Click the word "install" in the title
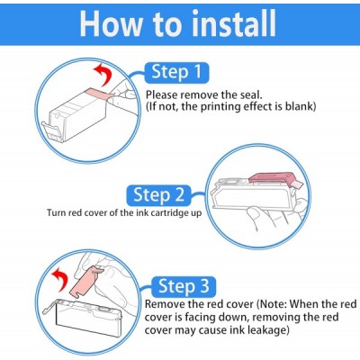pyautogui.click(x=234, y=23)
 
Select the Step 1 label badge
pyautogui.click(x=176, y=72)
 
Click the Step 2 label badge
pyautogui.click(x=159, y=195)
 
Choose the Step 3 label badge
pyautogui.click(x=184, y=286)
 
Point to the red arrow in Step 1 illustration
pyautogui.click(x=103, y=75)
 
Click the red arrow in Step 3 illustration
pyautogui.click(x=60, y=278)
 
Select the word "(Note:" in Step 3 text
pyautogui.click(x=272, y=304)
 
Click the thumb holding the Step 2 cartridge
pyautogui.click(x=255, y=214)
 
